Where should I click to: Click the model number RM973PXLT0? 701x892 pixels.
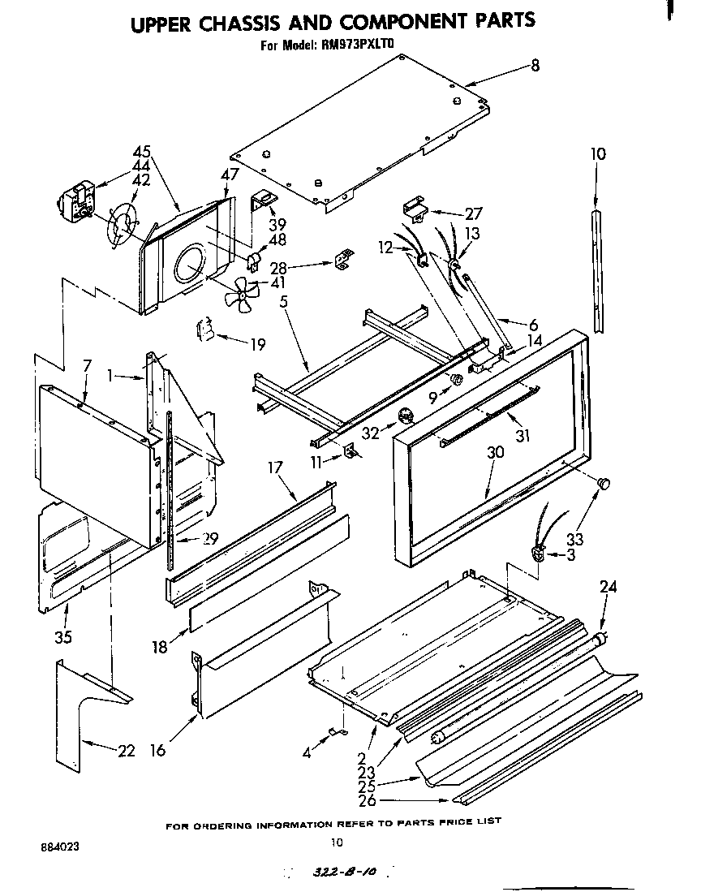point(358,46)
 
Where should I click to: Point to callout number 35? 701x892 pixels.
point(63,636)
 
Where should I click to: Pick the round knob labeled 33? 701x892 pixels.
point(603,484)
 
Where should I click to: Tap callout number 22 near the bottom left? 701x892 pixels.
point(126,751)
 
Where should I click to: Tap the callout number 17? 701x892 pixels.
point(275,468)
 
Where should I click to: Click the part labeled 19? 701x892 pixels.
point(206,332)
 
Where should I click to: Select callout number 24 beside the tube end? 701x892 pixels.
point(607,587)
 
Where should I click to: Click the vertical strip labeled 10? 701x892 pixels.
point(598,268)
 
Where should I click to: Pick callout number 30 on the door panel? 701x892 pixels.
point(496,452)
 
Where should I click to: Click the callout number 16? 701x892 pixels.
point(157,751)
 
